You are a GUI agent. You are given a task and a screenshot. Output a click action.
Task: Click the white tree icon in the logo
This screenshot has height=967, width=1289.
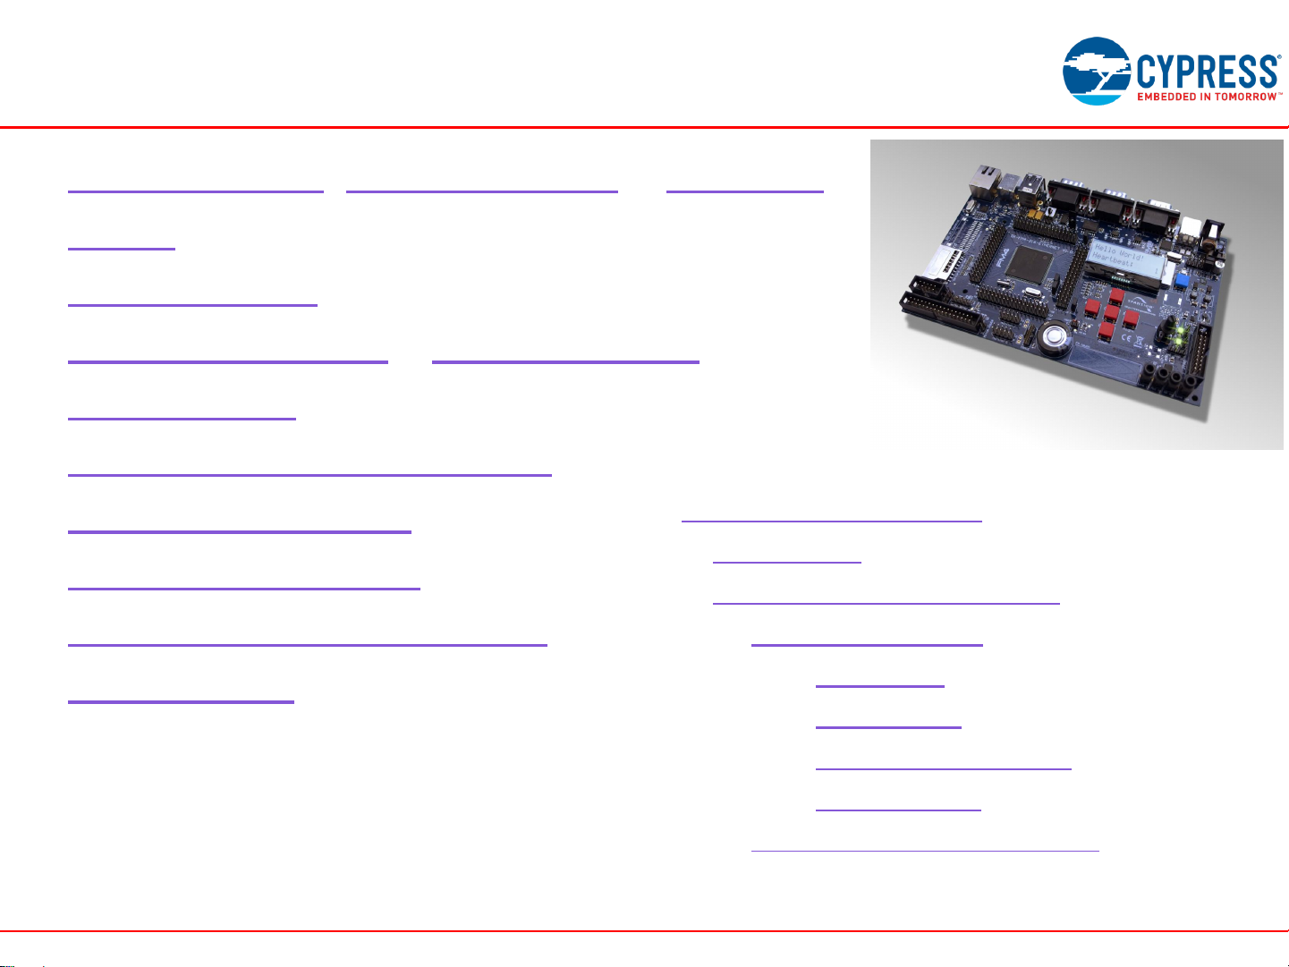(x=1097, y=68)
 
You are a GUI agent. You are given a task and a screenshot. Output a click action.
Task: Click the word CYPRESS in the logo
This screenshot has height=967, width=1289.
(x=1207, y=71)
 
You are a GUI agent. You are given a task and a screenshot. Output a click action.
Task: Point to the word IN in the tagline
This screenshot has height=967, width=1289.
(x=1208, y=97)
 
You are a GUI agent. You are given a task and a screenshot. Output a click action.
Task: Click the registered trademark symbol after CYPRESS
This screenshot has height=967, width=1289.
(x=1279, y=58)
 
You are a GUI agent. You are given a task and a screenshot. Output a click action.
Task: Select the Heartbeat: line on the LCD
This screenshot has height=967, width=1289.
(x=1115, y=260)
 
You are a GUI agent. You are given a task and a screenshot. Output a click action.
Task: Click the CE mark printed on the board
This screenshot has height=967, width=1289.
(x=1125, y=338)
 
